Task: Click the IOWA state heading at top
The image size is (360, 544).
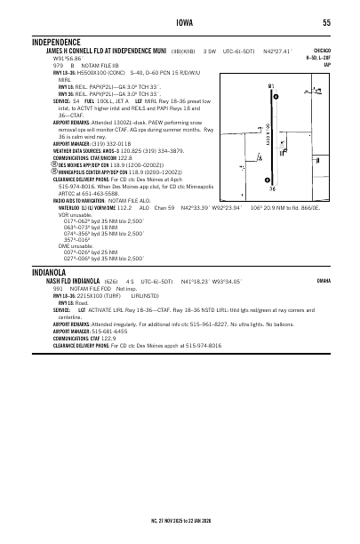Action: [180, 23]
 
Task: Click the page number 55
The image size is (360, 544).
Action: [326, 23]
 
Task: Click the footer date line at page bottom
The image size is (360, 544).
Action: [180, 519]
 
